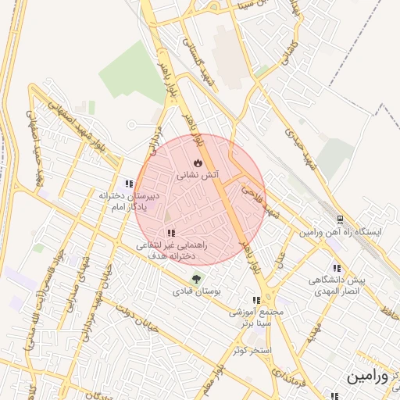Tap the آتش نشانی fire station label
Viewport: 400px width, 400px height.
(200, 177)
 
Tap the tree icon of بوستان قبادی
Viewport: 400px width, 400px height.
(196, 279)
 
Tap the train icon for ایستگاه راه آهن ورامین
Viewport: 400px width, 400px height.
(340, 220)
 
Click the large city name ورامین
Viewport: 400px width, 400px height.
(367, 377)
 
